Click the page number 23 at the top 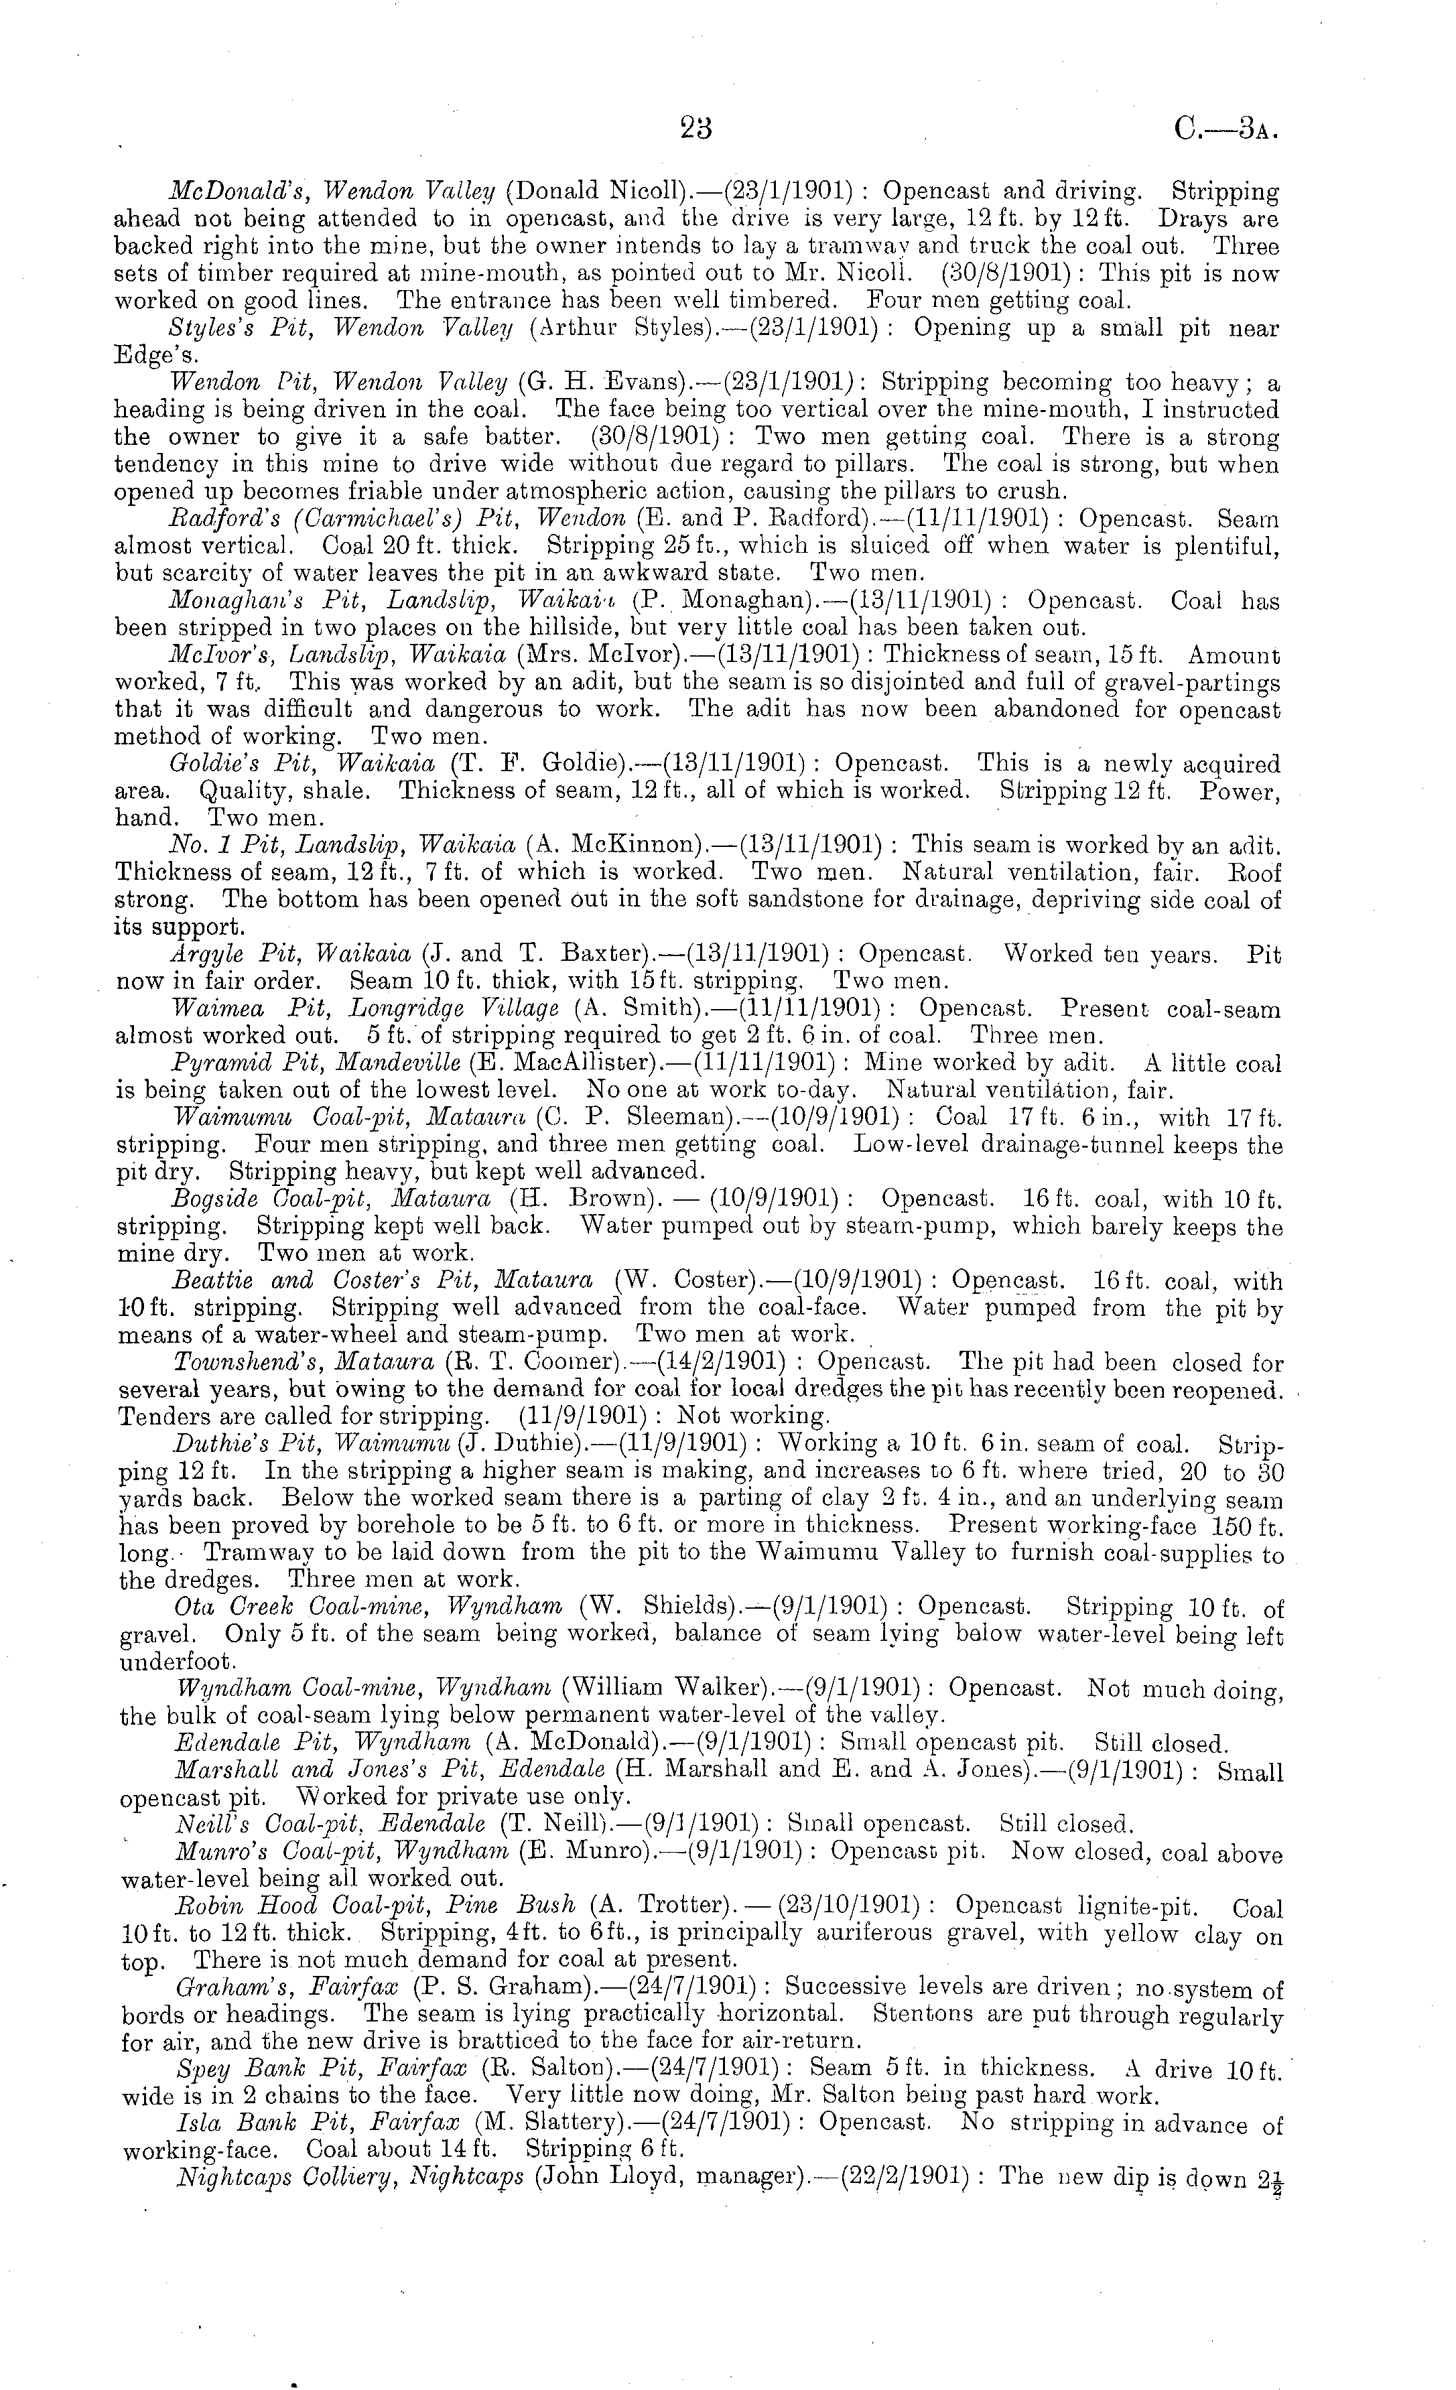coord(696,127)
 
